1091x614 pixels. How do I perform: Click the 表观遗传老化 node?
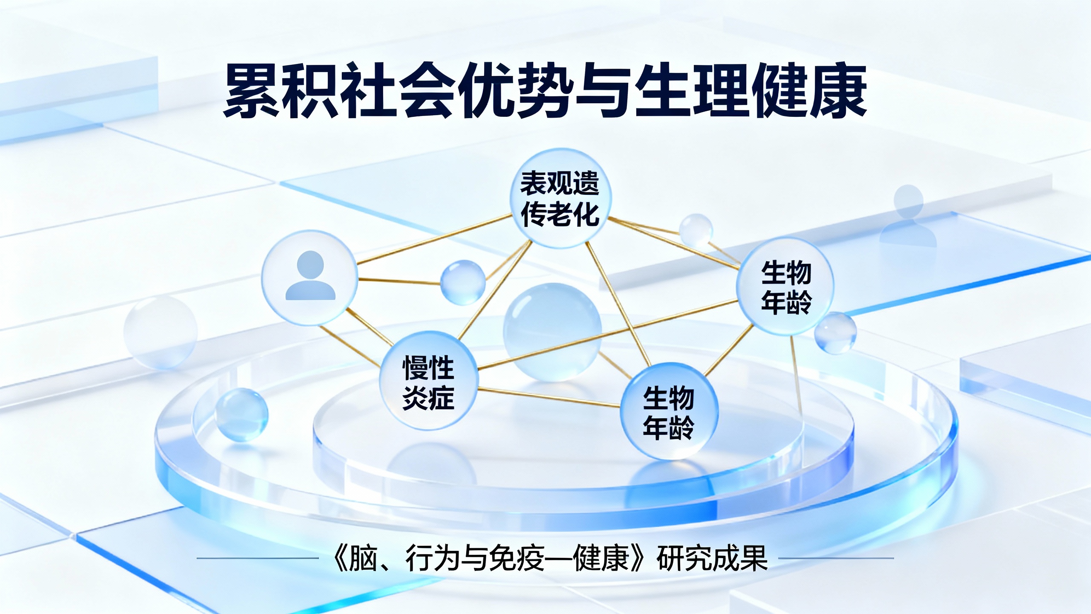[560, 198]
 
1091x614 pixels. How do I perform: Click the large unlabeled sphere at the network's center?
[552, 332]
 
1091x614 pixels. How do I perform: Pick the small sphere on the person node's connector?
[462, 282]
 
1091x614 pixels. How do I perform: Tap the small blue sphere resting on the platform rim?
[241, 414]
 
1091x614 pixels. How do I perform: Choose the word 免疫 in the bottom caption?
[517, 559]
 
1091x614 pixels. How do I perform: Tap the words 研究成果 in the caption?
[712, 559]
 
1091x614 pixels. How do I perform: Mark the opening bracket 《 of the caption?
[339, 559]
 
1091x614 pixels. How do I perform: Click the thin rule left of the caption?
[257, 558]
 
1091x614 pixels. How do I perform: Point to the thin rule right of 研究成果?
[836, 558]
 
